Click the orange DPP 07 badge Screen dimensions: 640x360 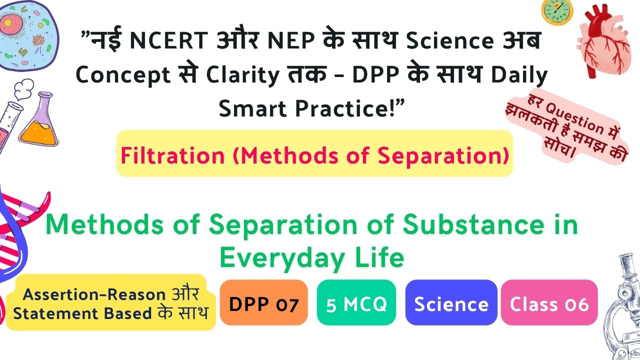click(x=263, y=302)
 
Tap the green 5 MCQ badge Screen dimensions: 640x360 click(x=356, y=302)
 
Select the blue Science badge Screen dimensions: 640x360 click(x=451, y=302)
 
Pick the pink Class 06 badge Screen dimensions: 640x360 click(x=549, y=302)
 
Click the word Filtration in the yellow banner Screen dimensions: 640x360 click(x=172, y=155)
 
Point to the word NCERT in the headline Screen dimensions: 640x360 click(x=168, y=40)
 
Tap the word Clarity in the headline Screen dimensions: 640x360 click(x=242, y=75)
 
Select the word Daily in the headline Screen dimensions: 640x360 click(x=519, y=75)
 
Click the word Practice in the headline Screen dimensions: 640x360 click(x=341, y=108)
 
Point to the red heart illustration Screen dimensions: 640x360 click(x=603, y=41)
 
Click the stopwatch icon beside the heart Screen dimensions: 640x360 click(x=557, y=11)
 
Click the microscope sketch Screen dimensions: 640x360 click(x=623, y=308)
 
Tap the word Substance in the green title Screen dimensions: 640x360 click(x=473, y=224)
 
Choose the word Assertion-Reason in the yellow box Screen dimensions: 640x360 click(x=94, y=294)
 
